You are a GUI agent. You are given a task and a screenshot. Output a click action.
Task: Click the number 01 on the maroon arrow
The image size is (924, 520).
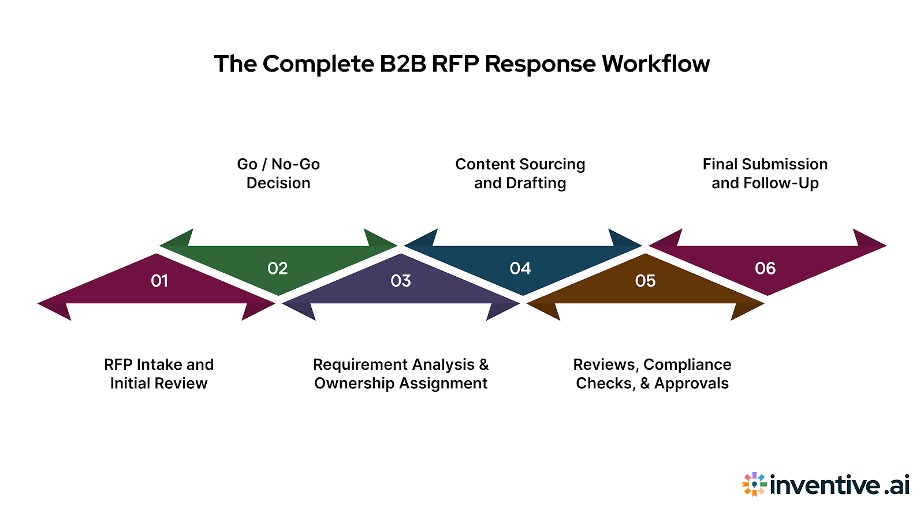(159, 281)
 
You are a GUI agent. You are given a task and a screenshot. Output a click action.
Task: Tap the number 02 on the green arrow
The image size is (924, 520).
(278, 269)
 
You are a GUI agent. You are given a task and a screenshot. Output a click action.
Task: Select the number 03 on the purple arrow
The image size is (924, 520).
(401, 281)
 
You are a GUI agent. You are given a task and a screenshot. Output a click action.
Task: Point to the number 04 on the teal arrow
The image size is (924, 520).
(520, 269)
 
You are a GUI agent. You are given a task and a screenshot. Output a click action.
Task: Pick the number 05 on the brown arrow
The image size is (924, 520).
(646, 281)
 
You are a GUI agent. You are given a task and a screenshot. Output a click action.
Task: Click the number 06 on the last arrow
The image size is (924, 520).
(765, 269)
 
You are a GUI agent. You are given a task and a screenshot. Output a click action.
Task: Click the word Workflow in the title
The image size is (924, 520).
(655, 64)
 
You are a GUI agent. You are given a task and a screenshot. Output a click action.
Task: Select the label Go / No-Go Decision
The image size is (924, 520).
(278, 173)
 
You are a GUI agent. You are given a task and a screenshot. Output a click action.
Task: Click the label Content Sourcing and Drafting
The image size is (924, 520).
(520, 173)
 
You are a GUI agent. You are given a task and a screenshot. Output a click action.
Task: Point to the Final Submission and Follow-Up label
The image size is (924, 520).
(765, 173)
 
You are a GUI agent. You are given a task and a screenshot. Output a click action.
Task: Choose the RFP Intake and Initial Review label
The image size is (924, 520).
(159, 374)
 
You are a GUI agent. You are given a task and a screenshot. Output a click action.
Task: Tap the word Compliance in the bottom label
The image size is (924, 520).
(687, 365)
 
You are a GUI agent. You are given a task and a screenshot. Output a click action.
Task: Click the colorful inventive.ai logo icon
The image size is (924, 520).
(754, 484)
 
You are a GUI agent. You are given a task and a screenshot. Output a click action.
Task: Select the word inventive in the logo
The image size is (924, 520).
(825, 485)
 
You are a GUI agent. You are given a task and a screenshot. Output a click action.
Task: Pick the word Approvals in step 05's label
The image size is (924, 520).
(691, 384)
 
